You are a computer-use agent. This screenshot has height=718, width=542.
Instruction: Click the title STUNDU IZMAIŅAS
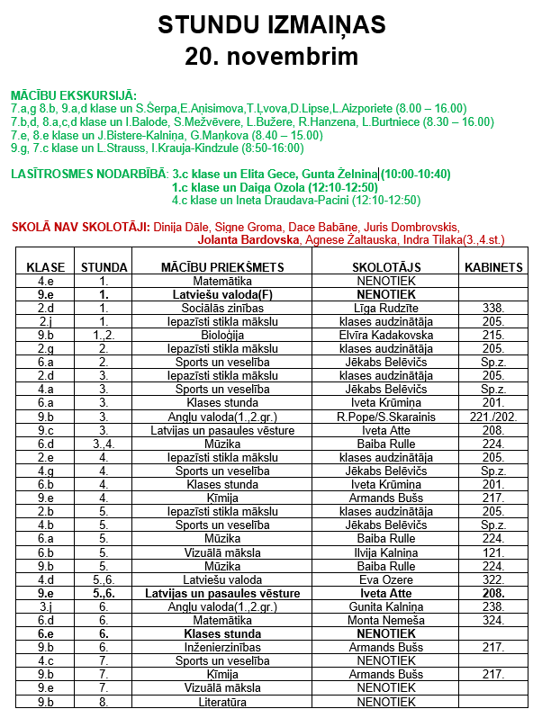pos(271,25)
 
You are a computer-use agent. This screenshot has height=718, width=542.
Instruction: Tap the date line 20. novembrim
pos(271,56)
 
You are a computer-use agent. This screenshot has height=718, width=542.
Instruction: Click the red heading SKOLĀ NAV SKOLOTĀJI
pos(80,228)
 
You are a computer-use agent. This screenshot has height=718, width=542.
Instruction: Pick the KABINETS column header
pos(493,267)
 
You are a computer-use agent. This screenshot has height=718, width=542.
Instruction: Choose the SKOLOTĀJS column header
pos(385,267)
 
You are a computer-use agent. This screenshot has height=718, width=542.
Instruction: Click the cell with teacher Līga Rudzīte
pos(385,308)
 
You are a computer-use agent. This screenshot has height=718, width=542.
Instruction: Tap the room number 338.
pos(493,308)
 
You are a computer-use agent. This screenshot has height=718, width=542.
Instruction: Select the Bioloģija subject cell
pos(222,335)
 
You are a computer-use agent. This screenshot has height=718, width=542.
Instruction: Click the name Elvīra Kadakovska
pos(385,335)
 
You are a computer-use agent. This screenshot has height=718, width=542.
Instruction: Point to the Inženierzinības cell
pos(222,647)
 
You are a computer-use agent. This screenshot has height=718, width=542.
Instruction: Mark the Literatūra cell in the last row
pos(222,701)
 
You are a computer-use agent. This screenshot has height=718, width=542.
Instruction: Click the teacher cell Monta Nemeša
pos(385,620)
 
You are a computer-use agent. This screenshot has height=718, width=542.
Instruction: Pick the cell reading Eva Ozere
pos(385,579)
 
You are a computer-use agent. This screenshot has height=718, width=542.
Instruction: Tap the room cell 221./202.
pos(493,417)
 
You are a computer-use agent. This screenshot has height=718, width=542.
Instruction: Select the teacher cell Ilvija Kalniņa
pos(385,552)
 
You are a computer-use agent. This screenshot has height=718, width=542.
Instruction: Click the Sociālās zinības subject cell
pos(222,308)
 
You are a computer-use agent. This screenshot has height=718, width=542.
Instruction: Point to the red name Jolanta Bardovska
pos(249,240)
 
